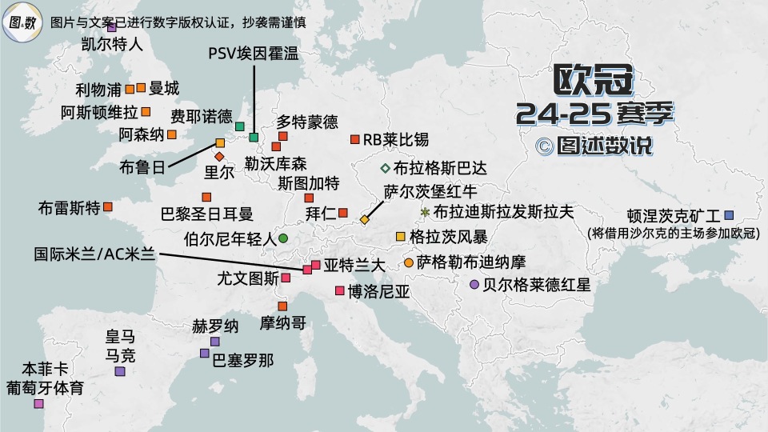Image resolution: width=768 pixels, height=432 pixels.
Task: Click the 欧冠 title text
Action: pos(594,81)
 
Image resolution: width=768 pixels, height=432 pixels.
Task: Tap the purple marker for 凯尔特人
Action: pos(112,27)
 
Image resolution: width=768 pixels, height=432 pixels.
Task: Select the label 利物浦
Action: pos(98,88)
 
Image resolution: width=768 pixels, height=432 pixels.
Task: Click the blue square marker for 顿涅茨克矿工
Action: pos(728,214)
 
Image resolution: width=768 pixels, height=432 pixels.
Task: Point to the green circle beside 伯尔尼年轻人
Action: pos(283,238)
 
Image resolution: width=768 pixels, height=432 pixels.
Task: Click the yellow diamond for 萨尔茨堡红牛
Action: pos(365,219)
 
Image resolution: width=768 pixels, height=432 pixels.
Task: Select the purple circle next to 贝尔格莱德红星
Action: pos(474,284)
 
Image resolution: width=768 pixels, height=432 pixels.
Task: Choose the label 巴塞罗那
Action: pos(242,360)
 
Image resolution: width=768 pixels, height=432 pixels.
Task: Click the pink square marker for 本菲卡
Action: pos(38,404)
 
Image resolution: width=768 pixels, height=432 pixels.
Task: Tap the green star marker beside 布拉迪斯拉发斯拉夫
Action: pos(424,212)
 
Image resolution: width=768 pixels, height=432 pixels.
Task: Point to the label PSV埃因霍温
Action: pos(252,54)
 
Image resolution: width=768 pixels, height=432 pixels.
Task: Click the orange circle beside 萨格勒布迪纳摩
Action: pos(409,262)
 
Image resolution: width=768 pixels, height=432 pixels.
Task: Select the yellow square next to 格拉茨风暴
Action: pos(401,236)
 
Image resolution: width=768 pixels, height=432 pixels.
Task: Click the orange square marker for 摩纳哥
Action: pos(282,306)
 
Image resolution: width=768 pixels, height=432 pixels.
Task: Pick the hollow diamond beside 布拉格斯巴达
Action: pos(385,168)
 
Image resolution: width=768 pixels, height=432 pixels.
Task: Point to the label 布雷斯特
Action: pos(69,208)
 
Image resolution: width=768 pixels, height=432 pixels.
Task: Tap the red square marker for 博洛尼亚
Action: pos(340,290)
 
